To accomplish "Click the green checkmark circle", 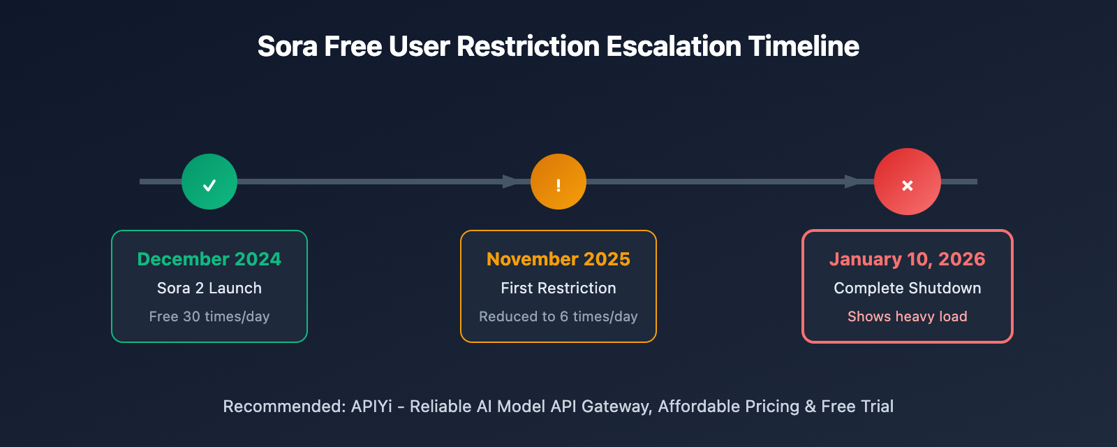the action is click(x=209, y=182).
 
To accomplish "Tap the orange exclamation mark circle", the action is click(x=558, y=182).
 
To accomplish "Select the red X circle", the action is click(x=908, y=182).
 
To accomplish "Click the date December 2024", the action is click(x=209, y=259).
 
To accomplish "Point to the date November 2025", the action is click(x=558, y=259).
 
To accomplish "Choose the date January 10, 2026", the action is click(x=908, y=259).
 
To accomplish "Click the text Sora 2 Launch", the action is click(x=209, y=288).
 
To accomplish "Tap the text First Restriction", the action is click(x=558, y=288).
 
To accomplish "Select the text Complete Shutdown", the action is click(x=908, y=288).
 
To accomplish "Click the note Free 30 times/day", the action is click(x=209, y=316).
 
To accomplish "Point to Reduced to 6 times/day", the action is click(x=558, y=316).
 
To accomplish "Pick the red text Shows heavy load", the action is click(x=908, y=316).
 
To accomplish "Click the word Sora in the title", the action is click(x=288, y=46).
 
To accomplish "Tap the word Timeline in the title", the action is click(x=804, y=46).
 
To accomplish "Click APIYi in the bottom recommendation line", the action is click(x=371, y=406).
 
